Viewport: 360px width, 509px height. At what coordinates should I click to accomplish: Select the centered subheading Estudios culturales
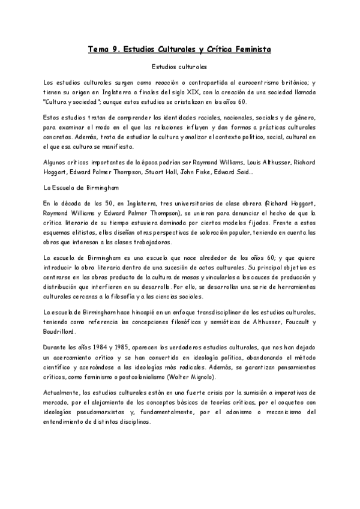[x=179, y=67]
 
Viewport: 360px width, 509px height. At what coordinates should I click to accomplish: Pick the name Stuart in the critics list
[x=158, y=173]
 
